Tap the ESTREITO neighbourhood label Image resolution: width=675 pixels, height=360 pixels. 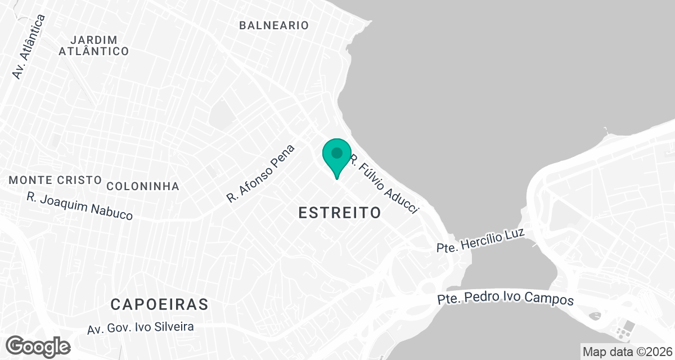[x=340, y=213]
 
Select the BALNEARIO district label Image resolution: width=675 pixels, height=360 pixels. [x=274, y=25]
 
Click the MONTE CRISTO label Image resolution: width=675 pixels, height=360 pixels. [x=55, y=180]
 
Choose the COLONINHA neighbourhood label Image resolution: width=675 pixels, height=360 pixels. [x=143, y=186]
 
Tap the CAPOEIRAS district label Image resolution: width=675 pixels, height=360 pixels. [x=159, y=305]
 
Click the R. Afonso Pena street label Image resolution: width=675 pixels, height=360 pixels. [x=261, y=173]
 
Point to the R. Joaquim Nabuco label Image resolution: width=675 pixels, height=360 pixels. [x=80, y=206]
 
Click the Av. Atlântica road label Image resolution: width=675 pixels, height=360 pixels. [x=29, y=47]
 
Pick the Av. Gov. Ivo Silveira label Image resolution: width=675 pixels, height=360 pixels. [x=141, y=327]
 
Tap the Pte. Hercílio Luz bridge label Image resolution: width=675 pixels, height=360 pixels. [x=480, y=240]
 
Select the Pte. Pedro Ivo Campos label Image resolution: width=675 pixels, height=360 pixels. [x=506, y=299]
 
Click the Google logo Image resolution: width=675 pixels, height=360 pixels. [x=38, y=345]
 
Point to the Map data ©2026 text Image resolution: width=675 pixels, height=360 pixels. [x=627, y=352]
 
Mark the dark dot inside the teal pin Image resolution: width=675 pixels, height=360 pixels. [x=337, y=152]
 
